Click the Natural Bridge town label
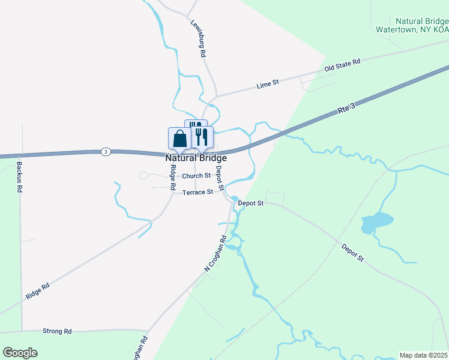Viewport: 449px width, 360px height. [x=196, y=158]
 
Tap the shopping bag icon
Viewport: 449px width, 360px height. [x=180, y=139]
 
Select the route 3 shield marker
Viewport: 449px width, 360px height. [x=106, y=151]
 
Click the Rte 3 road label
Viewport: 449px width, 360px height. [x=346, y=109]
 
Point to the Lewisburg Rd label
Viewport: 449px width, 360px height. [x=199, y=40]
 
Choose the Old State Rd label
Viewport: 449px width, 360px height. [x=342, y=65]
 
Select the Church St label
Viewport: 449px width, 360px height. [x=196, y=176]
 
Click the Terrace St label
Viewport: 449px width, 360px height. [x=197, y=192]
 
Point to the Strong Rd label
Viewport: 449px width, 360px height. [x=57, y=331]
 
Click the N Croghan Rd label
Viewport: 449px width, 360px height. [x=215, y=253]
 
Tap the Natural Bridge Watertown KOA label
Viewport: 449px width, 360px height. [x=412, y=25]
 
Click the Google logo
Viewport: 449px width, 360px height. [x=20, y=353]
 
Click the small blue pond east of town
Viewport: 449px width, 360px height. [x=376, y=222]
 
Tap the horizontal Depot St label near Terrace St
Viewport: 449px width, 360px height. [x=250, y=203]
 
